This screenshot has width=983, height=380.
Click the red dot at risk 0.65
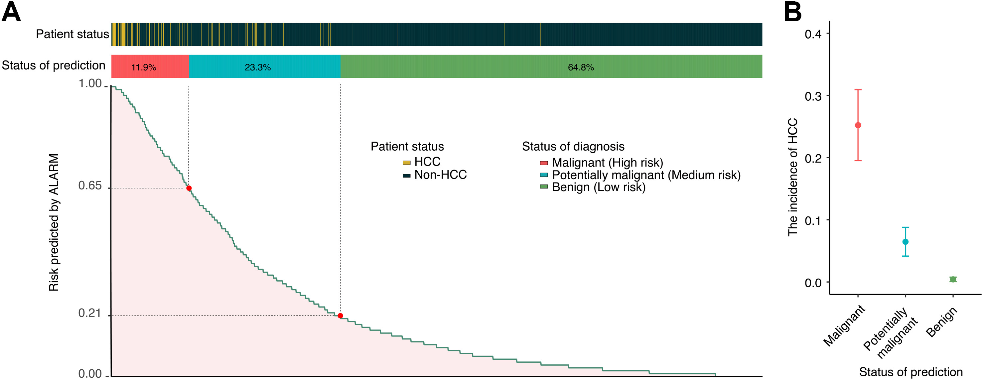[x=189, y=188]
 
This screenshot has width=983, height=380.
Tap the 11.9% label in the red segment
[x=144, y=67]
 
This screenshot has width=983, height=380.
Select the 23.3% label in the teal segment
[x=258, y=67]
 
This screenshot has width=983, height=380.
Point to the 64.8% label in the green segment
[x=581, y=67]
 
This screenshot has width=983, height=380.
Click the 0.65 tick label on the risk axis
[x=90, y=186]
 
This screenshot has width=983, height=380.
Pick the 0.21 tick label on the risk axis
[x=90, y=313]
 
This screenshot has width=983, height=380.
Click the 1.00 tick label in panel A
[x=90, y=83]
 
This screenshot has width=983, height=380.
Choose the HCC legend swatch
[x=406, y=163]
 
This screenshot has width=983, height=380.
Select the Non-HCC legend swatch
[x=406, y=176]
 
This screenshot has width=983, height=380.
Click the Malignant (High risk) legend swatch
[x=544, y=163]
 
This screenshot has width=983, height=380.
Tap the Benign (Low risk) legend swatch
[x=544, y=187]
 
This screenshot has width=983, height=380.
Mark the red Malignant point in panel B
[x=858, y=125]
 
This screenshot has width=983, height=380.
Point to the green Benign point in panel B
[x=953, y=279]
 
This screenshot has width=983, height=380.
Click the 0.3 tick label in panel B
[x=813, y=96]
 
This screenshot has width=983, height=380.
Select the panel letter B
[x=792, y=12]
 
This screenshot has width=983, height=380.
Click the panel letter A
[x=11, y=12]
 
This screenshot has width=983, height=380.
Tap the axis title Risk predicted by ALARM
[x=54, y=222]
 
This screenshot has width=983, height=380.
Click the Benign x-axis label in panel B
[x=941, y=322]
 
